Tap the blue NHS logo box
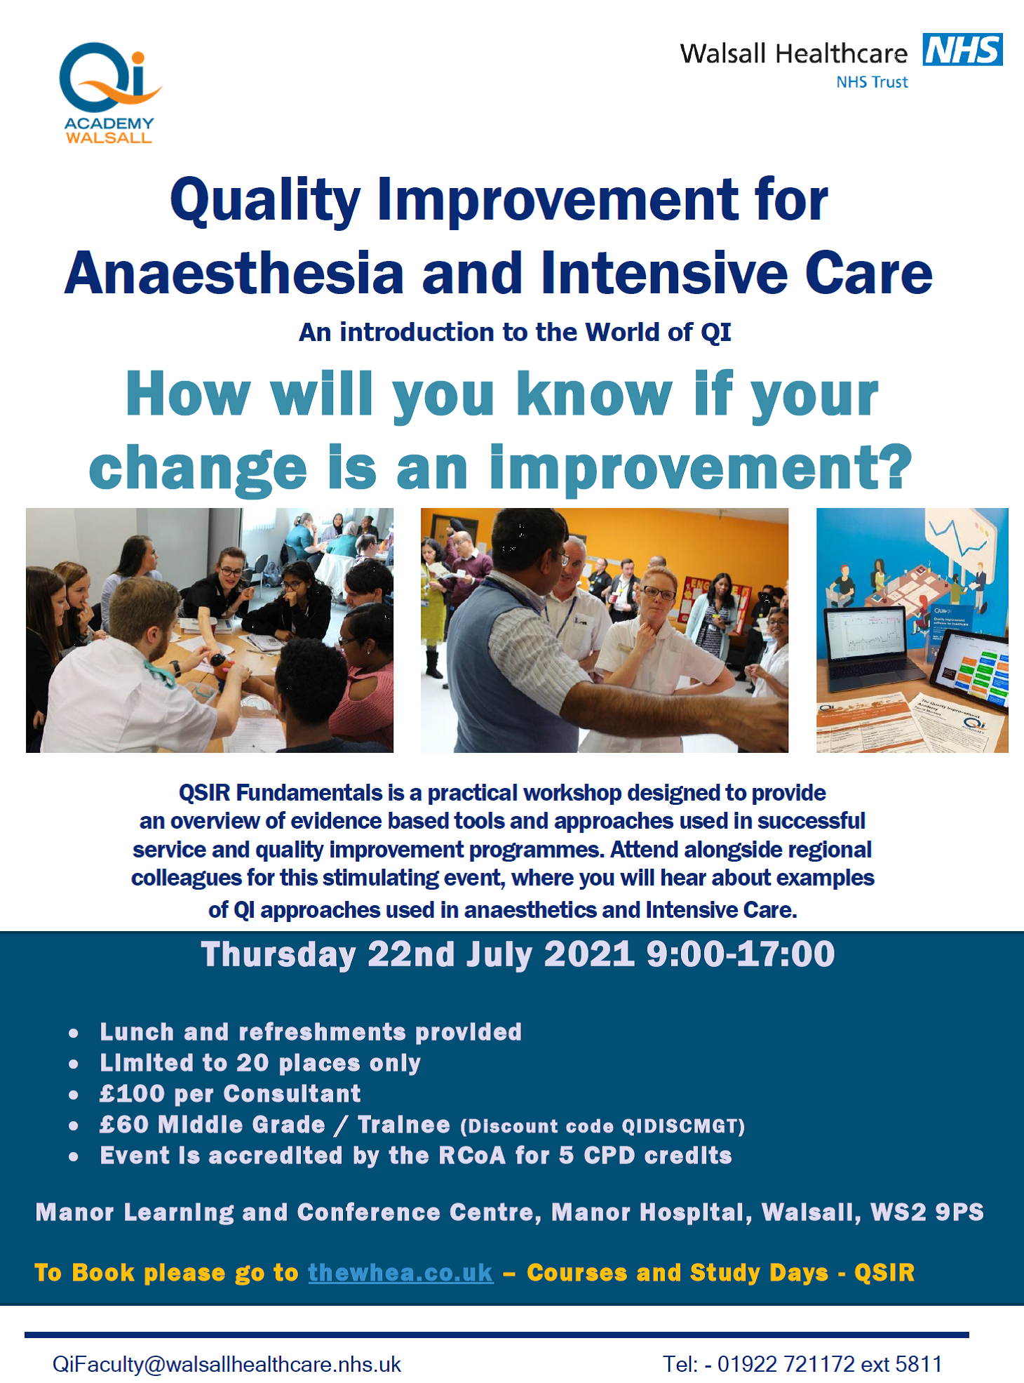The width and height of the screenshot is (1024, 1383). point(962,49)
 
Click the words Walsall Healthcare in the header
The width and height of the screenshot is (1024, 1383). point(793,54)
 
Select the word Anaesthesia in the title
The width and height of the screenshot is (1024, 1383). point(234,273)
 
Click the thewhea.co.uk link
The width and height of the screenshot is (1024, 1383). point(400,1273)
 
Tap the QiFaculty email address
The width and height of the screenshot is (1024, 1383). point(227,1364)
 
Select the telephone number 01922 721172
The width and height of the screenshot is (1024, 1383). point(786,1364)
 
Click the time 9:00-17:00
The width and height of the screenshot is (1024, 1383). point(741,955)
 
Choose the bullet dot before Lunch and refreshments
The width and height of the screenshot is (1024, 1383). point(74,1034)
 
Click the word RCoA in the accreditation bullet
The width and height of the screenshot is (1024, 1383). point(472,1156)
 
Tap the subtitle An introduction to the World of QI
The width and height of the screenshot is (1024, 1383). point(515,332)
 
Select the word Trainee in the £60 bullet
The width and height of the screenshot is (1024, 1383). point(404,1125)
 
